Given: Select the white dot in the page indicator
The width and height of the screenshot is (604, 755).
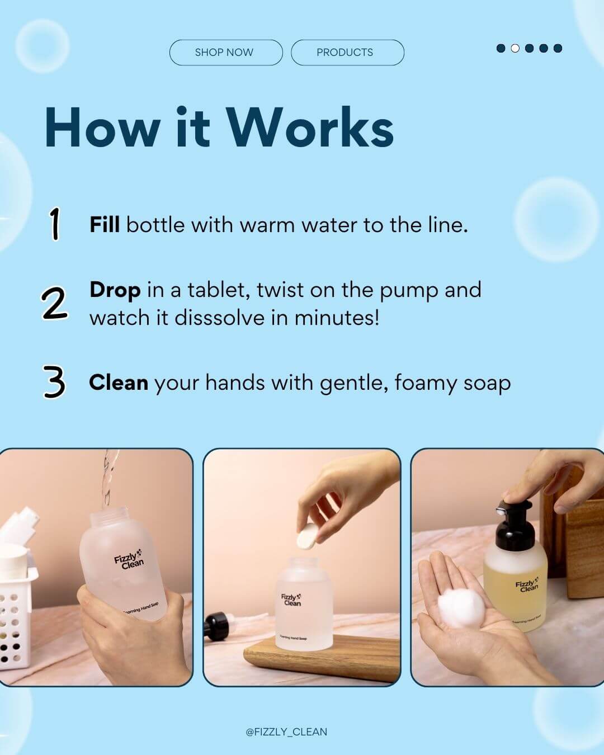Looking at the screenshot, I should click(515, 48).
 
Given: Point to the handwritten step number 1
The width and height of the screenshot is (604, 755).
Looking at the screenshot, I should click(54, 224).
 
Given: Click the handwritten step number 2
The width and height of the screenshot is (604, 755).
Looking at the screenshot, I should click(54, 304).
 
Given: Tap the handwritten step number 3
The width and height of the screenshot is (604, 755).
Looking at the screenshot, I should click(54, 383).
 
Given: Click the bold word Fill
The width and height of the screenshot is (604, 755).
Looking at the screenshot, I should click(105, 225).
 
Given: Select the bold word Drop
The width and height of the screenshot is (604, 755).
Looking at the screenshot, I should click(115, 290).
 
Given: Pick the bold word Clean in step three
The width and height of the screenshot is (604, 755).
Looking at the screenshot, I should click(118, 383).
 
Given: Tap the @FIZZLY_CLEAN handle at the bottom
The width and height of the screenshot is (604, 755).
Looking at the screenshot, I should click(286, 732).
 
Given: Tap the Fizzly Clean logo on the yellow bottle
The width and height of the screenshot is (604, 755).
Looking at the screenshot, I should click(527, 586).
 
